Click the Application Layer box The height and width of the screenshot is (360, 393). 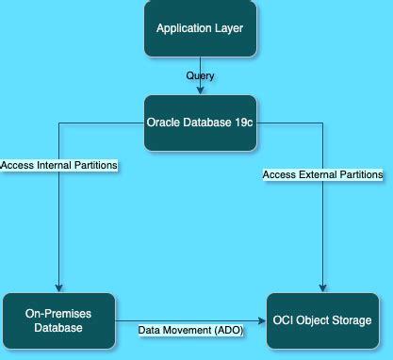[x=199, y=29]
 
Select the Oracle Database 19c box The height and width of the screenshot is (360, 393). [x=199, y=122]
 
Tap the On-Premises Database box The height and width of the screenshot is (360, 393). [x=59, y=321]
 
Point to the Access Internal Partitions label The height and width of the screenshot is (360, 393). [x=58, y=165]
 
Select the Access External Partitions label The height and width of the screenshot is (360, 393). [x=323, y=174]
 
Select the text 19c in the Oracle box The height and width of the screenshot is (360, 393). [x=242, y=122]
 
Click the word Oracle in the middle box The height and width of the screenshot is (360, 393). [x=164, y=122]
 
